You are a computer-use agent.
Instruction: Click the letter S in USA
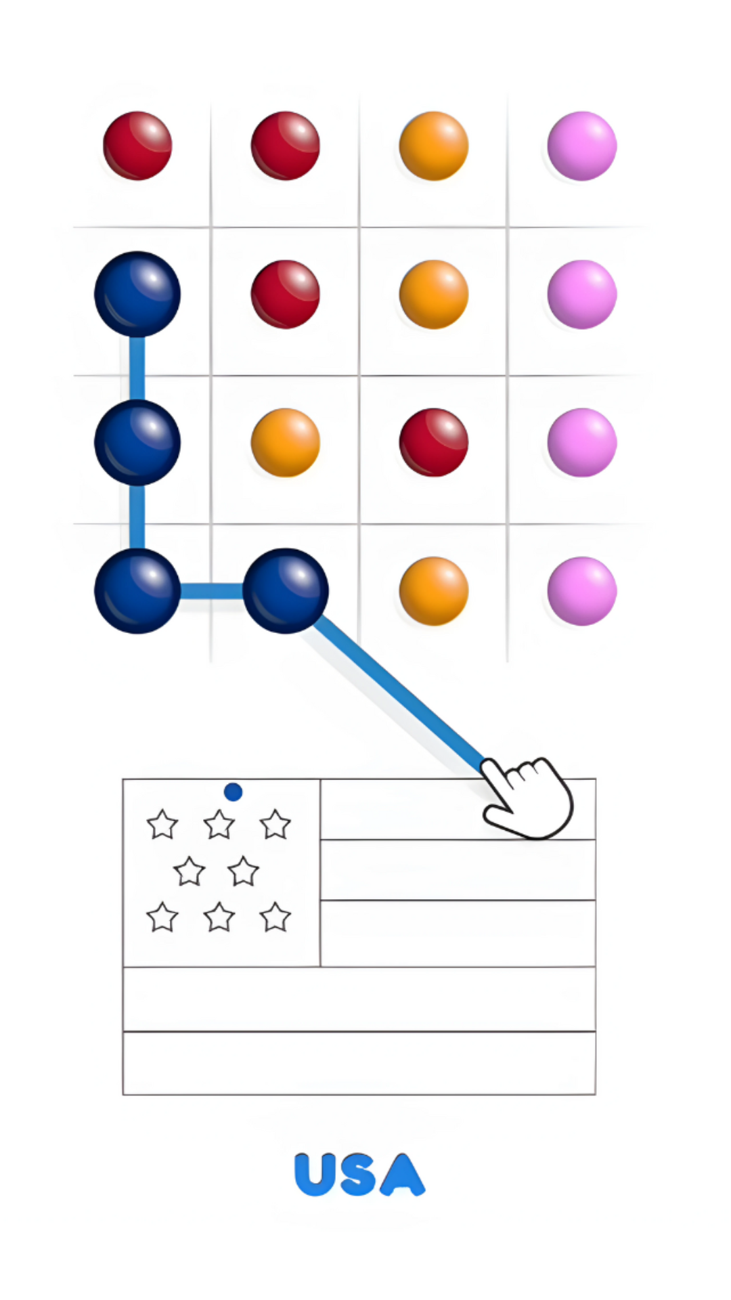pyautogui.click(x=359, y=1175)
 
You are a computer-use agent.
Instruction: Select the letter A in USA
pyautogui.click(x=403, y=1175)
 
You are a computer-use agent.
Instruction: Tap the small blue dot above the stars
pyautogui.click(x=233, y=792)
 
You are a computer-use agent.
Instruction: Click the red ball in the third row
pyautogui.click(x=434, y=443)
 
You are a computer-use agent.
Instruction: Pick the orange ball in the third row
pyautogui.click(x=286, y=443)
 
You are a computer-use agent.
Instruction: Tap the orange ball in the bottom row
pyautogui.click(x=434, y=591)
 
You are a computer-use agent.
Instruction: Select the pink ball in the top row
pyautogui.click(x=582, y=146)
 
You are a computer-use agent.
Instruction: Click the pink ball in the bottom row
pyautogui.click(x=582, y=591)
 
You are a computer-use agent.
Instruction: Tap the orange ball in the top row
pyautogui.click(x=434, y=146)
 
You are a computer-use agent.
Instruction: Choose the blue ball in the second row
pyautogui.click(x=137, y=294)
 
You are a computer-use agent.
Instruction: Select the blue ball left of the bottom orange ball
pyautogui.click(x=286, y=591)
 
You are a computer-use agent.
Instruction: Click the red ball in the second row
pyautogui.click(x=286, y=294)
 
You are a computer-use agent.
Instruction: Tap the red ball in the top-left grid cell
pyautogui.click(x=137, y=146)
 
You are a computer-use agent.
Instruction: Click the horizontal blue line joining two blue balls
pyautogui.click(x=211, y=591)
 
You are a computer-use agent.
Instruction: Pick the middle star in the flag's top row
pyautogui.click(x=219, y=825)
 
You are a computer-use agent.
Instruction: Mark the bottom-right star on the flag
pyautogui.click(x=275, y=917)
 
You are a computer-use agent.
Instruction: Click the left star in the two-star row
pyautogui.click(x=189, y=871)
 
